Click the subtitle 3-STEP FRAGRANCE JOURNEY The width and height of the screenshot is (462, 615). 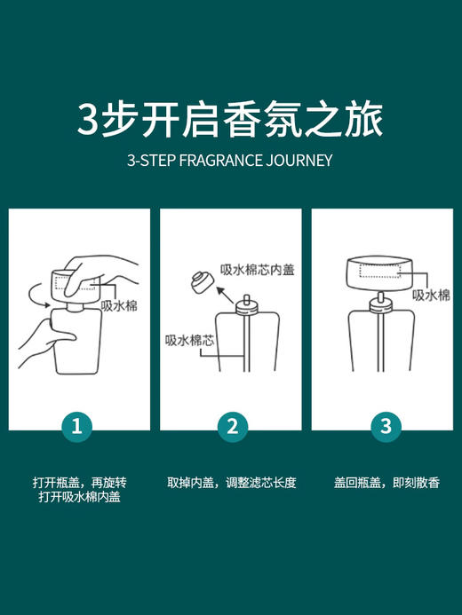tap(230, 162)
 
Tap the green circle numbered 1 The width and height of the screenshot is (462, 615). tap(78, 426)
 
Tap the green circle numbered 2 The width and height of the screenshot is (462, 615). tap(232, 426)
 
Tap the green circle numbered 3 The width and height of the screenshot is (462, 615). tap(385, 426)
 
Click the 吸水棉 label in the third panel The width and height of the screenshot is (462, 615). tap(432, 295)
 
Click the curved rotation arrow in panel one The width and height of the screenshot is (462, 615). tap(34, 294)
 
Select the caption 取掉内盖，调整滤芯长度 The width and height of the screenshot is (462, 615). tap(231, 483)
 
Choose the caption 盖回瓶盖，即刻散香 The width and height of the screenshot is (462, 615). tap(385, 483)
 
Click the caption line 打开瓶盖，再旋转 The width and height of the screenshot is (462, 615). tap(78, 483)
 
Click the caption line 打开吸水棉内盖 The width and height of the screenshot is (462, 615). tap(78, 498)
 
